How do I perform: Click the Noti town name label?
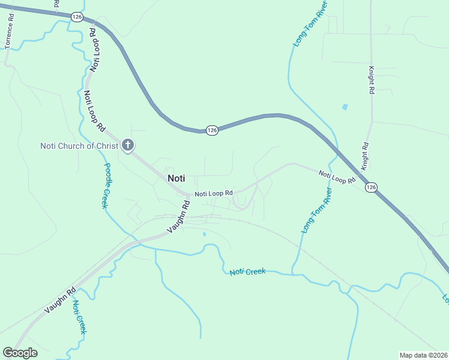point(176,178)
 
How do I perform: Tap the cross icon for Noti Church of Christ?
point(127,145)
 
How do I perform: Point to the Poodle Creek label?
point(106,185)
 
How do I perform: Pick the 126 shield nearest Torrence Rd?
point(76,17)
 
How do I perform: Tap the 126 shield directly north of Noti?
point(212,130)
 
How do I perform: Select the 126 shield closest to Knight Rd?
point(372,188)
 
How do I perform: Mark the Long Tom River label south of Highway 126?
point(317,209)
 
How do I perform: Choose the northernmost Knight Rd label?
point(372,80)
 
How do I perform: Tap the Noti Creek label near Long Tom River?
point(247,272)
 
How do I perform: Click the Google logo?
point(20,353)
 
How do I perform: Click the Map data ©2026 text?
point(423,355)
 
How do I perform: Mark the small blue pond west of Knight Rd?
point(345,107)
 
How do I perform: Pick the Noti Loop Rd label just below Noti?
point(213,193)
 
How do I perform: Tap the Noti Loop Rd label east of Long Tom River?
point(338,177)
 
